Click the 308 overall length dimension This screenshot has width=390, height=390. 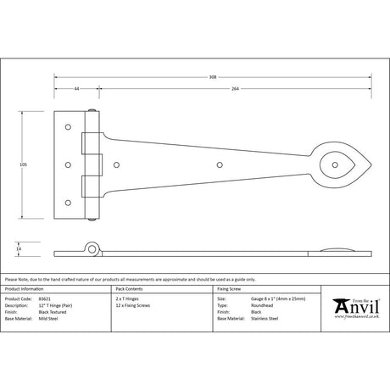(212, 76)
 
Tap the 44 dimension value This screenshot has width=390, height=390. (76, 88)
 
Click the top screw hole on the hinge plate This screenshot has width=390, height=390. (68, 125)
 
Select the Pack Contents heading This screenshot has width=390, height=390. (131, 289)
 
